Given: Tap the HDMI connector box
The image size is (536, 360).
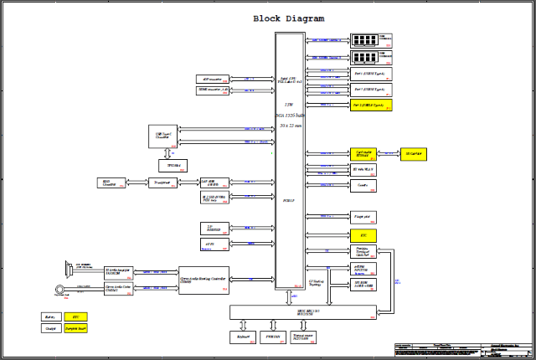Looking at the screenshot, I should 214,89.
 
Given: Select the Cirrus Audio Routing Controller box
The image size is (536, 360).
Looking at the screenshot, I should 204,280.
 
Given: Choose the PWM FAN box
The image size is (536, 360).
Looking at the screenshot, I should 271,337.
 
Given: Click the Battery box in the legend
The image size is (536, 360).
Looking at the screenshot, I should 50,317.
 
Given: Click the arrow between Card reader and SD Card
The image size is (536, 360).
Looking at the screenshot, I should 390,154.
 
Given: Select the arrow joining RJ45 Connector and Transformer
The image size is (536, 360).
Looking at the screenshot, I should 135,182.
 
